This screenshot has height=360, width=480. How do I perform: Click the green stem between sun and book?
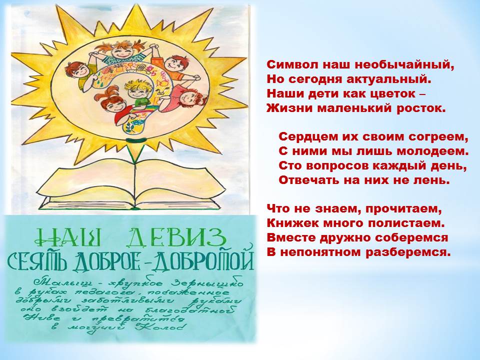pos(134,152)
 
